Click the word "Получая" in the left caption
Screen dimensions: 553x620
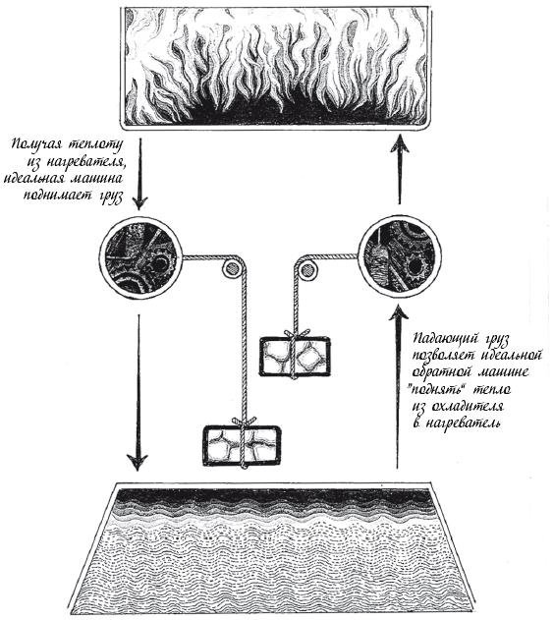[36, 144]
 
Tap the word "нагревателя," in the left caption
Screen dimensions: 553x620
[83, 162]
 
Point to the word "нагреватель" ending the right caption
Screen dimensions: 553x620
[465, 423]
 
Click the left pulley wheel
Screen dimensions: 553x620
[231, 269]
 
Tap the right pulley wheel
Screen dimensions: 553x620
[306, 270]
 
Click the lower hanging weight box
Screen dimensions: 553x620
[242, 446]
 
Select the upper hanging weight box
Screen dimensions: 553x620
[295, 356]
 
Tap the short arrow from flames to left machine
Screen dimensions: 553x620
[138, 173]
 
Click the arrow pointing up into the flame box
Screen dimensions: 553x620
[399, 170]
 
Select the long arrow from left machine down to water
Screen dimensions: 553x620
[138, 392]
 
